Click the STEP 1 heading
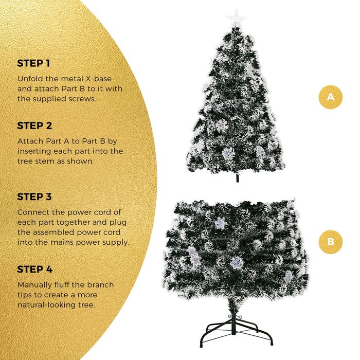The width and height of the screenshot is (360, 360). [33, 63]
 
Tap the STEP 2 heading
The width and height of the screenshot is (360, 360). [34, 125]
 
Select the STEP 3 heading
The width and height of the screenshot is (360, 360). [34, 197]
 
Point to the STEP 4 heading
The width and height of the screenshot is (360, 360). [35, 269]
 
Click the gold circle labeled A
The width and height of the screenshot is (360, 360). [330, 97]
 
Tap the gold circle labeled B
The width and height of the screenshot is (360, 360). [330, 242]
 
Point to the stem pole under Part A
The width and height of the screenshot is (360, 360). [238, 177]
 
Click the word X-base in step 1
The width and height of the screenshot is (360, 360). [99, 79]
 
